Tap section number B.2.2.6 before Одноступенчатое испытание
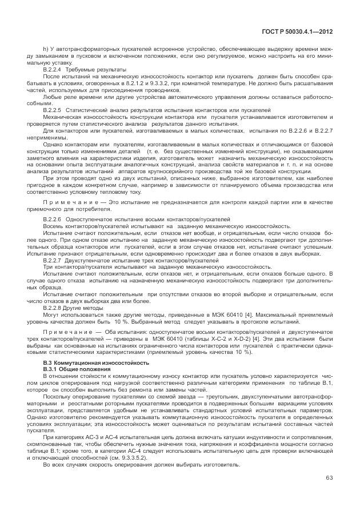52,220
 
